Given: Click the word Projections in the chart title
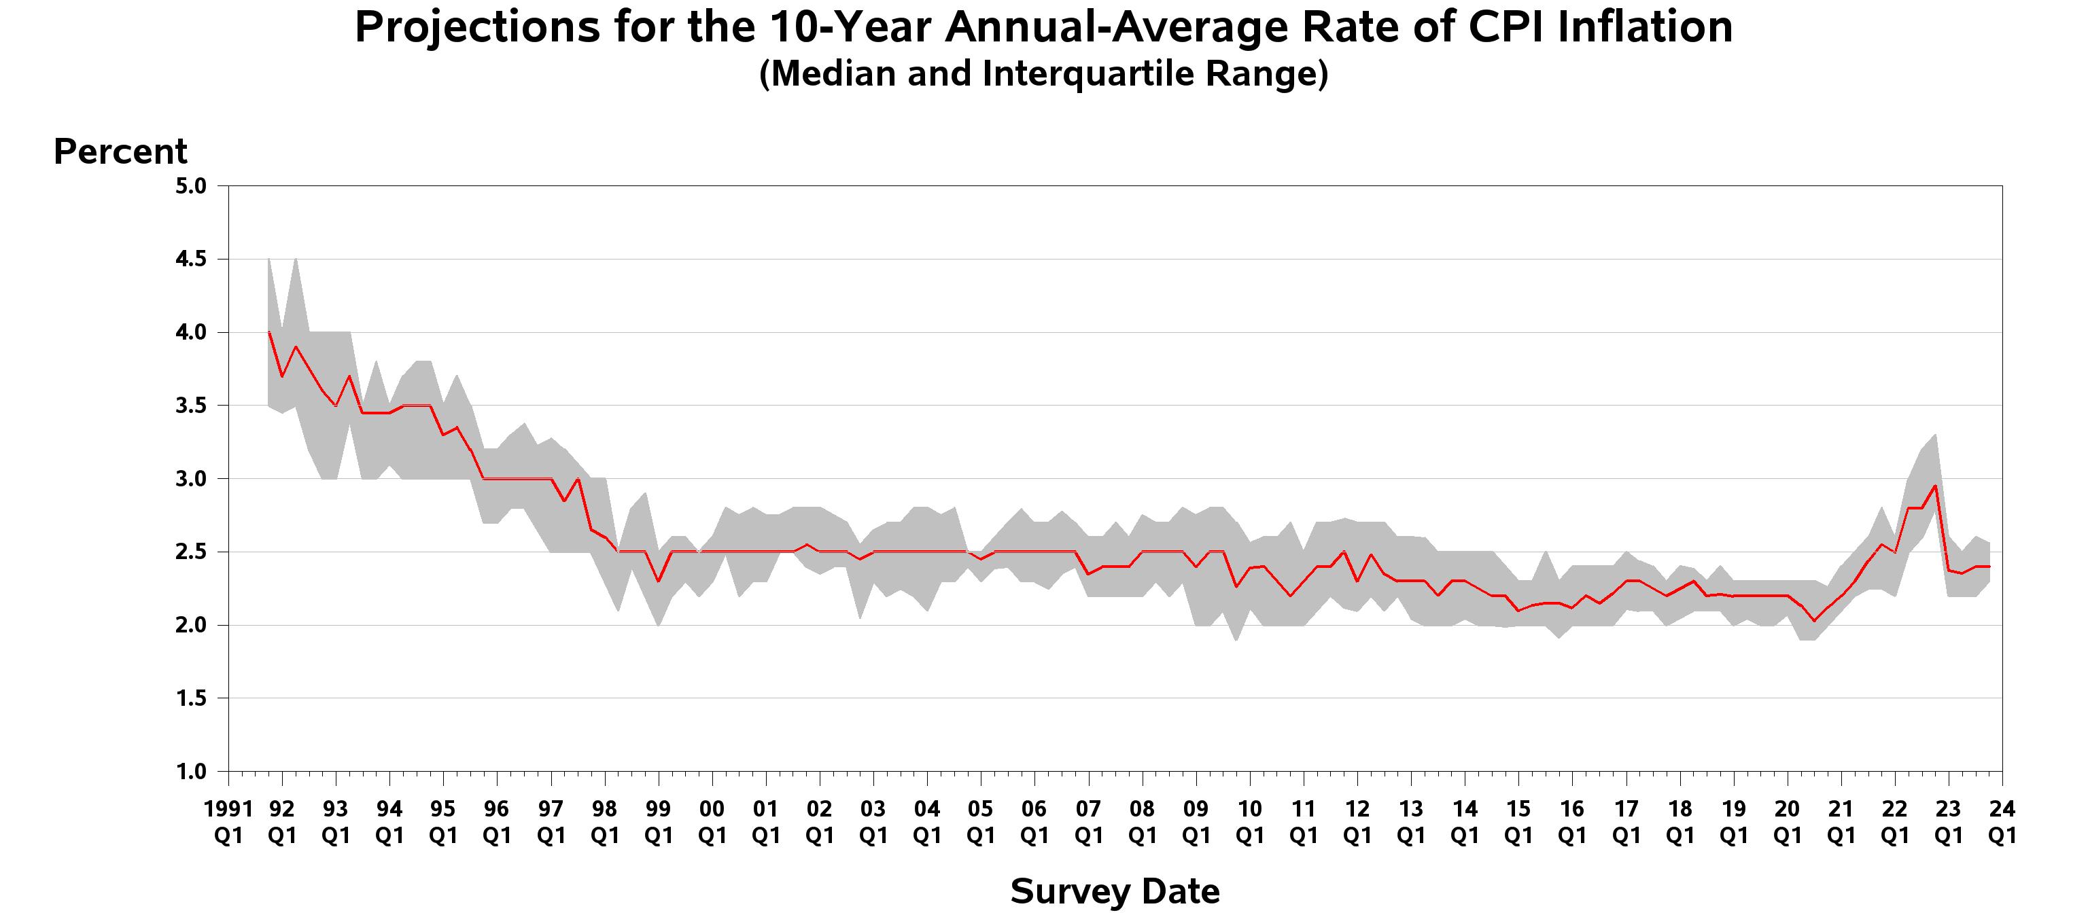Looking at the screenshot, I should pyautogui.click(x=476, y=29).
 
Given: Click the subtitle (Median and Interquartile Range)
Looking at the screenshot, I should pyautogui.click(x=1043, y=75).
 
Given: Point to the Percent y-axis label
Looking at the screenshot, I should pyautogui.click(x=120, y=151).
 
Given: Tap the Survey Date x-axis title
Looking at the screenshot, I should pyautogui.click(x=1115, y=891).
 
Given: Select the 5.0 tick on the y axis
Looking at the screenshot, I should pyautogui.click(x=190, y=186).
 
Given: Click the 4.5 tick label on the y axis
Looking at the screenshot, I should pyautogui.click(x=190, y=259).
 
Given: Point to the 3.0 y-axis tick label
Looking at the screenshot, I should pyautogui.click(x=190, y=479).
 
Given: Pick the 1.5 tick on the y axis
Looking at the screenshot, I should pyautogui.click(x=190, y=698).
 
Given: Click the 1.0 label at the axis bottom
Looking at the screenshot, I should pyautogui.click(x=190, y=771).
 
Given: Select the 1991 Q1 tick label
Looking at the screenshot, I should pyautogui.click(x=228, y=821).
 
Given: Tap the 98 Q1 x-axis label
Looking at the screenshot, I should pyautogui.click(x=605, y=821).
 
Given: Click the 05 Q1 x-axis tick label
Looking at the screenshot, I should pyautogui.click(x=981, y=821).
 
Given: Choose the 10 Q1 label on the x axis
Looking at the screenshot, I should pyautogui.click(x=1249, y=821).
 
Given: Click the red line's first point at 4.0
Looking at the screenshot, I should pyautogui.click(x=269, y=332).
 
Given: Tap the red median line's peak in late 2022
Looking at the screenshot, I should pyautogui.click(x=1935, y=486).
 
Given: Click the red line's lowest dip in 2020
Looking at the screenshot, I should pyautogui.click(x=1814, y=620).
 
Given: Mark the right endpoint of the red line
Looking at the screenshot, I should pyautogui.click(x=1989, y=567).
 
